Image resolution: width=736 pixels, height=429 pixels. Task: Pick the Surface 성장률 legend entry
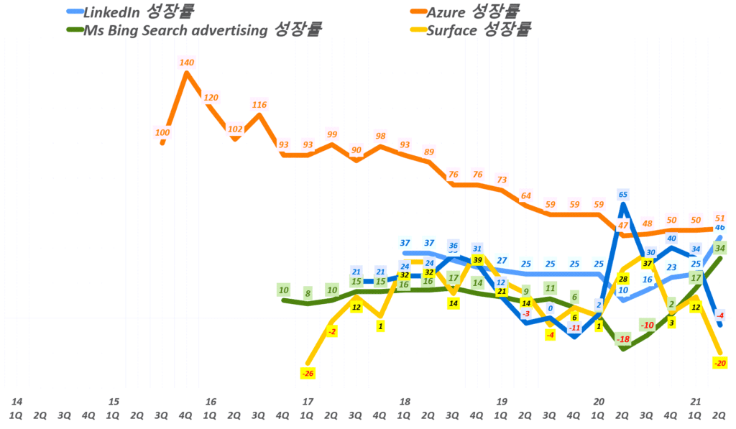479,29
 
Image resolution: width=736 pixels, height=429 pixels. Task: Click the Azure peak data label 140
186,63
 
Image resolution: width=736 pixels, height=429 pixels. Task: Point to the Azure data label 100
162,132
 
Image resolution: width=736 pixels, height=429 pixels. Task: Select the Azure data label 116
259,105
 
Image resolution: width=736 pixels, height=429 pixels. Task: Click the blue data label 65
623,194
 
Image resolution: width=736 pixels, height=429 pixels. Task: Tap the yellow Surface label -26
308,373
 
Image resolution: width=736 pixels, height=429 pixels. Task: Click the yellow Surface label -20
719,363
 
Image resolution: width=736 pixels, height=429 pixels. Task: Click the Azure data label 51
720,218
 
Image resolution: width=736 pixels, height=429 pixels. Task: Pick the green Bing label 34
720,248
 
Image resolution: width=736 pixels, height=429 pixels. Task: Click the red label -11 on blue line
574,328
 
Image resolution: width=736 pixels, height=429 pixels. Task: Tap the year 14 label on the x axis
16,401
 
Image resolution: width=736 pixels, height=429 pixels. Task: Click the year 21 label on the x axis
695,401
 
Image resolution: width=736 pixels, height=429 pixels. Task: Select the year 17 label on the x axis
307,401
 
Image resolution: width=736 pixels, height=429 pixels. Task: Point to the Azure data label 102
235,129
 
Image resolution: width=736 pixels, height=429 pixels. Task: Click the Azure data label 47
623,226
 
